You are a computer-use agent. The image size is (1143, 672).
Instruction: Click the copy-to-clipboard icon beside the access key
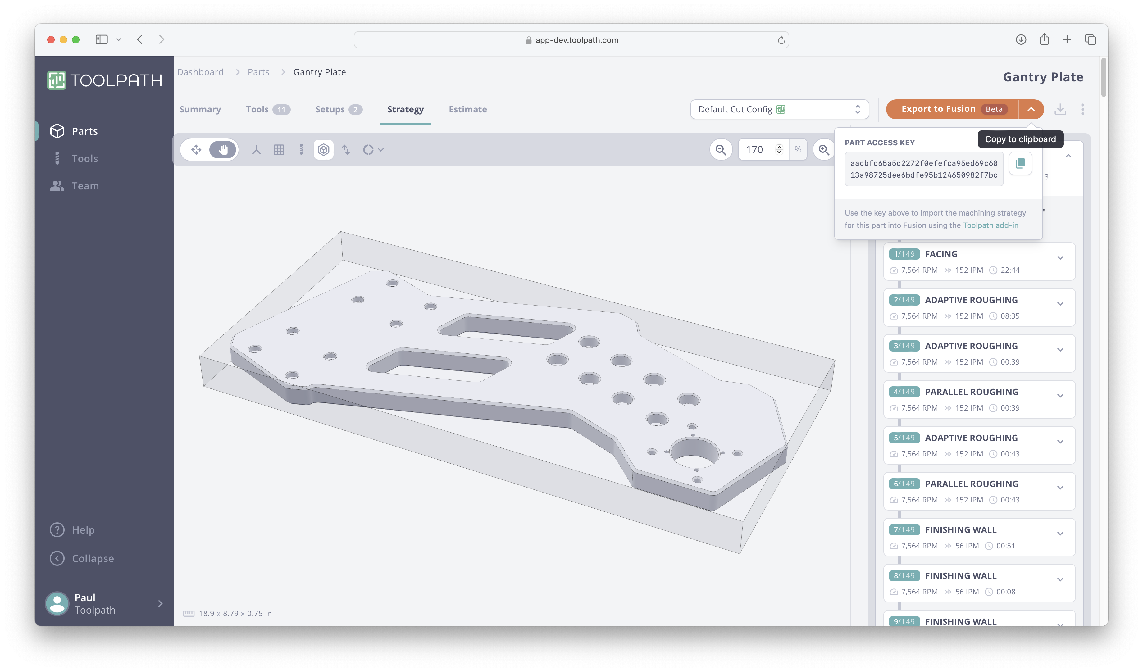[x=1020, y=164]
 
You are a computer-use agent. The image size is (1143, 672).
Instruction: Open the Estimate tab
[x=468, y=109]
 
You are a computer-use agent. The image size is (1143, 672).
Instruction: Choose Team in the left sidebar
[x=85, y=186]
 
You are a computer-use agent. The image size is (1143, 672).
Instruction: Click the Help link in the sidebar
[x=83, y=530]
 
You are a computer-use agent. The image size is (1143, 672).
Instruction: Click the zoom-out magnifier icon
[x=720, y=150]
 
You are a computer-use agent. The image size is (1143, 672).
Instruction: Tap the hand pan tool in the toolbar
[x=223, y=150]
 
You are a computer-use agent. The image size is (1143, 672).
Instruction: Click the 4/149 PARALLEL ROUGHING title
[x=971, y=392]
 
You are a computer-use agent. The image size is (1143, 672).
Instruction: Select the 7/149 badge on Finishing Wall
[x=904, y=530]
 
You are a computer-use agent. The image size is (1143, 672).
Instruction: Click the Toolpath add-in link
[x=990, y=225]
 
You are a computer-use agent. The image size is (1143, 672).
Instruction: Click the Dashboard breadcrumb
[x=200, y=72]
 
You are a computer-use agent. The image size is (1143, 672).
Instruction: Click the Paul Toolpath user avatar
[x=57, y=604]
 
